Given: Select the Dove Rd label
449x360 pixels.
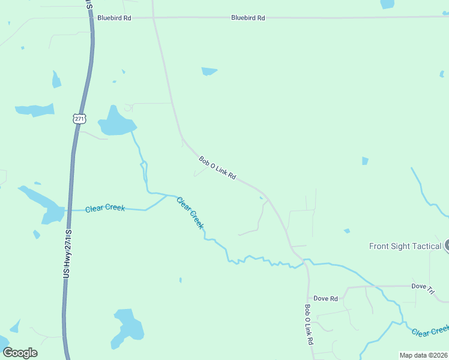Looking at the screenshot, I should pyautogui.click(x=326, y=298).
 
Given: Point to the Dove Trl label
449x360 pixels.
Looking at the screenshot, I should pyautogui.click(x=423, y=288).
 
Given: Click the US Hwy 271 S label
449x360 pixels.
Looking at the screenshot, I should pyautogui.click(x=67, y=253).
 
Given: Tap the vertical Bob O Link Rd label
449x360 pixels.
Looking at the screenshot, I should pyautogui.click(x=309, y=325).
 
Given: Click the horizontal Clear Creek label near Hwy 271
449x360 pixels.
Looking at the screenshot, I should pyautogui.click(x=105, y=208).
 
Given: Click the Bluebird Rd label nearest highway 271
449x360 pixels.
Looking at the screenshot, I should pyautogui.click(x=114, y=18).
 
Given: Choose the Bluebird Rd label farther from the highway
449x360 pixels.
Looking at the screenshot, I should pyautogui.click(x=248, y=18).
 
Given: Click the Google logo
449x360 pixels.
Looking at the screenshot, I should pyautogui.click(x=20, y=352).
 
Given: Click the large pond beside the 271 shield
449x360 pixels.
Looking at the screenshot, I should pyautogui.click(x=115, y=122).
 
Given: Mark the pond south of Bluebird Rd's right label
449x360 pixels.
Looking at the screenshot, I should pyautogui.click(x=209, y=71).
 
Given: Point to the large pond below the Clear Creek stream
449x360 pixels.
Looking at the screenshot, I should pyautogui.click(x=128, y=326).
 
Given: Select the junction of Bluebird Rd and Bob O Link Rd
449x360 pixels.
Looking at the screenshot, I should pyautogui.click(x=154, y=18).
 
